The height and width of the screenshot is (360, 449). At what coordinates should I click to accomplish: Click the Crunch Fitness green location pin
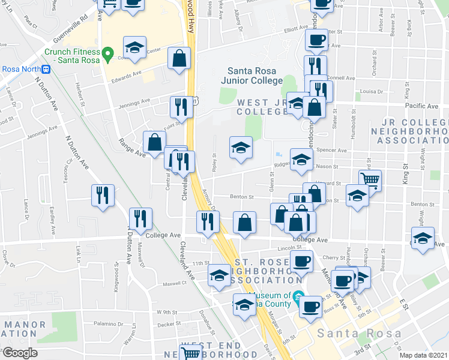point(107,56)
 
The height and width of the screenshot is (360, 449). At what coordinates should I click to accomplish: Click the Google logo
point(20,352)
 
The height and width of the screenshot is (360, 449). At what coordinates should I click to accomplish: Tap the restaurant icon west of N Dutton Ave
point(103,196)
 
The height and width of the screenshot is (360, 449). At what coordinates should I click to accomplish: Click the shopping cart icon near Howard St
point(370,179)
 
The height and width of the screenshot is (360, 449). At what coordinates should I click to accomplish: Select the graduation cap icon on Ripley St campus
point(241,148)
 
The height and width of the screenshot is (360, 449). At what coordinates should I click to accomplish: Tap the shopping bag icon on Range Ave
point(154,142)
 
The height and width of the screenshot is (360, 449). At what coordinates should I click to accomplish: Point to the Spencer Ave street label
point(334,151)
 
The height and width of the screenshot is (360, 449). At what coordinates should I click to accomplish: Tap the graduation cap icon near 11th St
point(219,275)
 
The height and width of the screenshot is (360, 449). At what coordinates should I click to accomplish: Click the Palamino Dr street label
point(108,323)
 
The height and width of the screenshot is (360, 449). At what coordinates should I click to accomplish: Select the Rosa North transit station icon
point(54,68)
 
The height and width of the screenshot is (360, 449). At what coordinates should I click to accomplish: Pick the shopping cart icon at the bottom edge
point(191,353)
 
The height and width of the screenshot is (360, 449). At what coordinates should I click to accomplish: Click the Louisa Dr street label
point(372,91)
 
